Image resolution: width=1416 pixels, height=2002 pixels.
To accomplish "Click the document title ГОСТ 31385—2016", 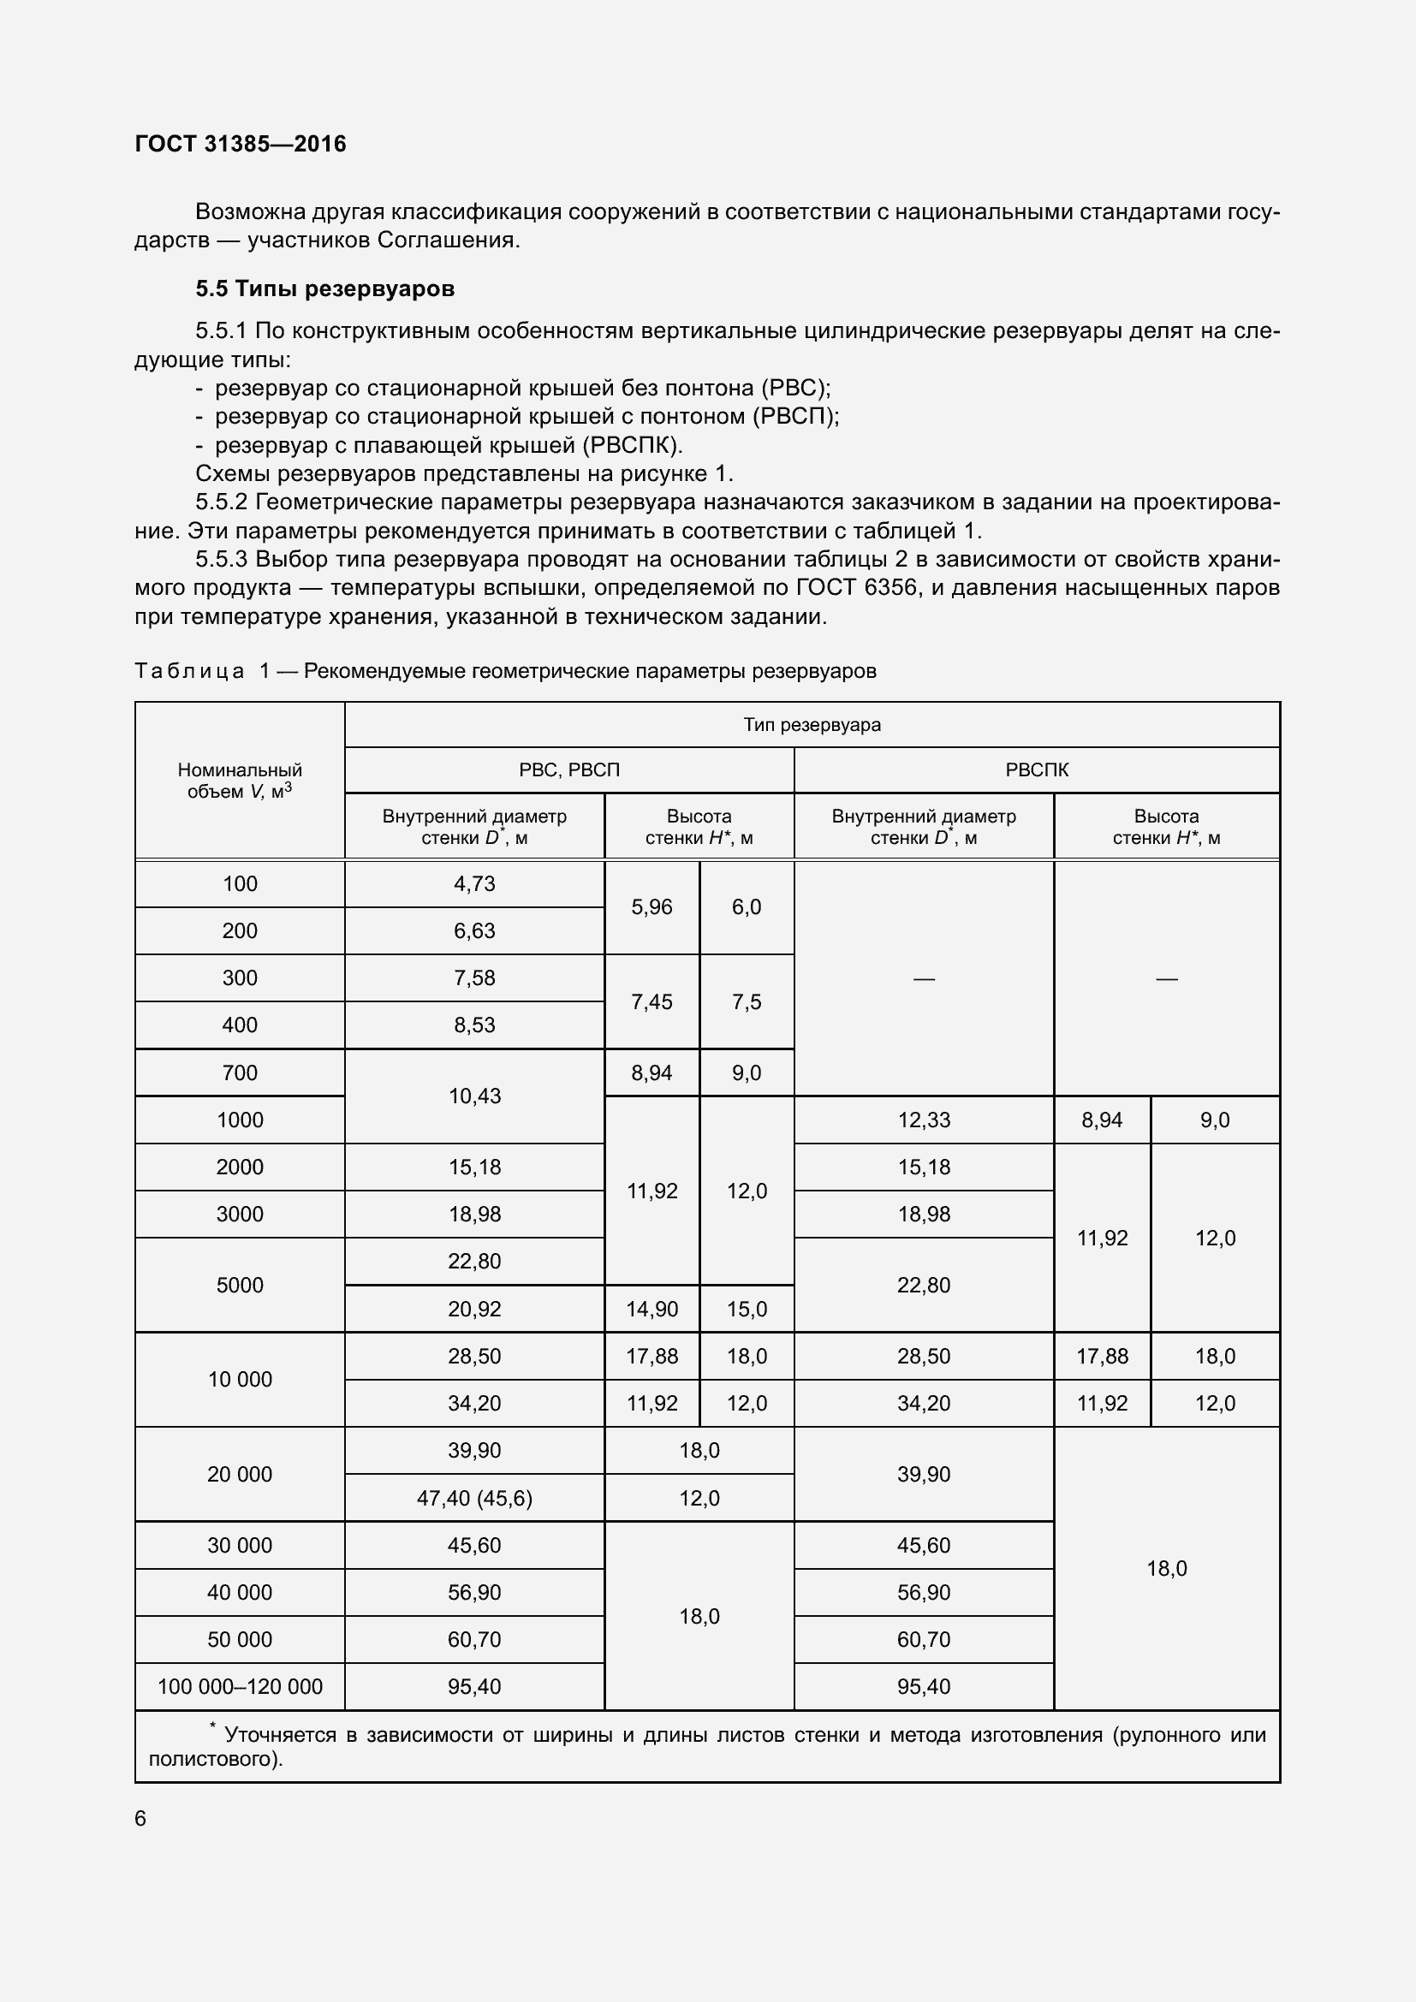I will click(x=241, y=144).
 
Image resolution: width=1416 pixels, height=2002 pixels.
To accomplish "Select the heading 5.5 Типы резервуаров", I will click(x=324, y=288).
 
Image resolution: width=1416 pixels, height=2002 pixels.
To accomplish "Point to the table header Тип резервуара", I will click(x=812, y=725).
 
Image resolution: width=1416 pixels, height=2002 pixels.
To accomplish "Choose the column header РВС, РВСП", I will click(x=568, y=770).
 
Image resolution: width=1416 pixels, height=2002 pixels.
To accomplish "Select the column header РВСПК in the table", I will click(x=1036, y=770).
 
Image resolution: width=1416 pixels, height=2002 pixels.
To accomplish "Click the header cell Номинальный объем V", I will click(x=240, y=781).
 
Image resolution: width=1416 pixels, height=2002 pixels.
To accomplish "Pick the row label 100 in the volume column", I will click(x=240, y=883).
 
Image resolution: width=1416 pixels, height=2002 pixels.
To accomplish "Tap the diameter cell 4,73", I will click(x=474, y=883).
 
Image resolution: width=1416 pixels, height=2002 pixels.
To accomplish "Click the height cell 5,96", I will click(x=651, y=906).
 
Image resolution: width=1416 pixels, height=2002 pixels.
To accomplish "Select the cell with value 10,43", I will click(x=474, y=1096).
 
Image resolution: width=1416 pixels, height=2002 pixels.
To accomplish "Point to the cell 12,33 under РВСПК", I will click(x=924, y=1120).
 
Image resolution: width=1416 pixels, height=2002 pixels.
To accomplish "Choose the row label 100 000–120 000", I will click(x=240, y=1686).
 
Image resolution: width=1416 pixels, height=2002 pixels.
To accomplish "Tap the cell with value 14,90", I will click(x=651, y=1309).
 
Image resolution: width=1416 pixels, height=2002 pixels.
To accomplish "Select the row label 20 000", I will click(x=240, y=1474).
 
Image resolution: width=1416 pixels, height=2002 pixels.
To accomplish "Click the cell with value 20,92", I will click(x=474, y=1309).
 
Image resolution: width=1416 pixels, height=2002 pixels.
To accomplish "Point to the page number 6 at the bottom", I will click(x=141, y=1818).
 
